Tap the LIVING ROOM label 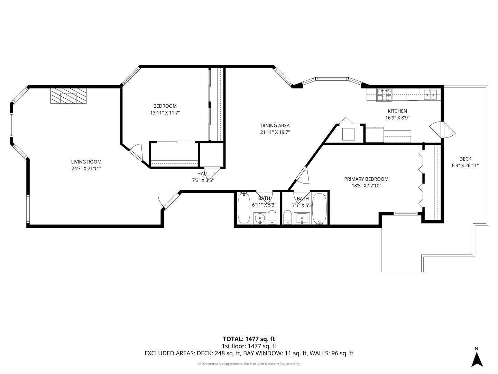coord(86,162)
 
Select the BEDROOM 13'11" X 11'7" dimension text coord(165,113)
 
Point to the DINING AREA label coord(275,126)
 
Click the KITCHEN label coord(397,111)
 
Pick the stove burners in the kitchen coord(385,95)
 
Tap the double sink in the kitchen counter coord(431,94)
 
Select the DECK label coord(465,159)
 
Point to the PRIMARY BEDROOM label coord(366,179)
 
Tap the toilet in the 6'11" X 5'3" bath coord(272,217)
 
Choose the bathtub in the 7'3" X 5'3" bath coord(319,209)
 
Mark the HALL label coord(203,173)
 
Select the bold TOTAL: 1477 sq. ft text coord(249,339)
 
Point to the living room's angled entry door coord(166,200)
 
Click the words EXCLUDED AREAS coord(169,354)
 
